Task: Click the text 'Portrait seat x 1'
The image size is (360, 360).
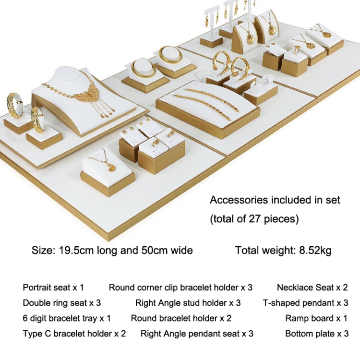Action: pos(53,288)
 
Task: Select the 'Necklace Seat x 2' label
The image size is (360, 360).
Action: pos(312,288)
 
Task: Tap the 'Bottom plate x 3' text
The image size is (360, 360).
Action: pos(317,334)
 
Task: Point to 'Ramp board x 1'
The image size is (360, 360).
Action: pos(316,318)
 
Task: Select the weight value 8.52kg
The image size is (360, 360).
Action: pos(315,250)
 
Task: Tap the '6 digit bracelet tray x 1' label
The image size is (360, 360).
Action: pos(67,318)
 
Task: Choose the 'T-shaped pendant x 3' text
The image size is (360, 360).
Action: pos(306,303)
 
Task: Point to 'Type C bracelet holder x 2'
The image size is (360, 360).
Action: pos(74,334)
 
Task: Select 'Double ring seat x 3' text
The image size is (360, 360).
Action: pos(62,303)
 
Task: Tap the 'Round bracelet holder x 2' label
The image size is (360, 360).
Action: pos(181,318)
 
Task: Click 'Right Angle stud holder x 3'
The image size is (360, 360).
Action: pos(188,303)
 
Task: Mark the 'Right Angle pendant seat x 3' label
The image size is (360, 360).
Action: pos(197,334)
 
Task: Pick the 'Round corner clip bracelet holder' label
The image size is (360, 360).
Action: pos(174,288)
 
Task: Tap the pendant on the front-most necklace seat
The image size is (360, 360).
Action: pos(111,168)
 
